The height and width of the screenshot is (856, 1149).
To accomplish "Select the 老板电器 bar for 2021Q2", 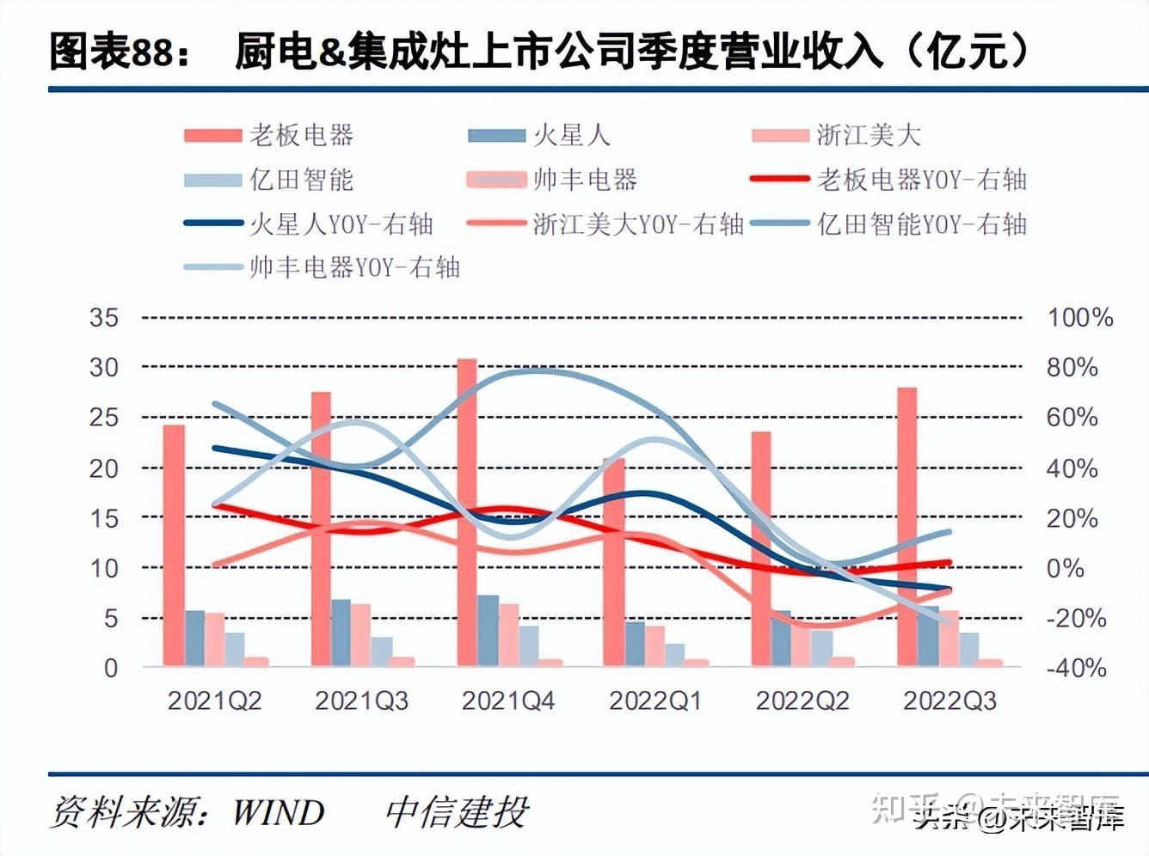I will coord(174,545).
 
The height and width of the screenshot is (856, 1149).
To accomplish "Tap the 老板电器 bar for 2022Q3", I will coord(906,526).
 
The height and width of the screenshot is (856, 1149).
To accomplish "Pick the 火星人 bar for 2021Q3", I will coord(341,632).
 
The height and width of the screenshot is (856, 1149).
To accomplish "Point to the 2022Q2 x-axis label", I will coord(802,701).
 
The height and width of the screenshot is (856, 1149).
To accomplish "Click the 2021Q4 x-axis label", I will coord(508,701).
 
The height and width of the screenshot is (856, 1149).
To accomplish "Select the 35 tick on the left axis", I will coord(104,318).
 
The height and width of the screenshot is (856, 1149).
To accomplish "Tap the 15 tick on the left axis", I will coord(104,518).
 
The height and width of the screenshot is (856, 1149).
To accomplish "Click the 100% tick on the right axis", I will coord(1080,318).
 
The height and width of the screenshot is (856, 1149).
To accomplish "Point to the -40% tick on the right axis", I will coord(1076,668).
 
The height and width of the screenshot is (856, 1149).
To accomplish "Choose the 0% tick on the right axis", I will coord(1065,568).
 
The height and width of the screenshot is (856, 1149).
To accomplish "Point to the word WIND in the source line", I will coord(279,812).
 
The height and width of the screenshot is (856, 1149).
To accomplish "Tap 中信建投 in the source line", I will coord(457,812).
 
